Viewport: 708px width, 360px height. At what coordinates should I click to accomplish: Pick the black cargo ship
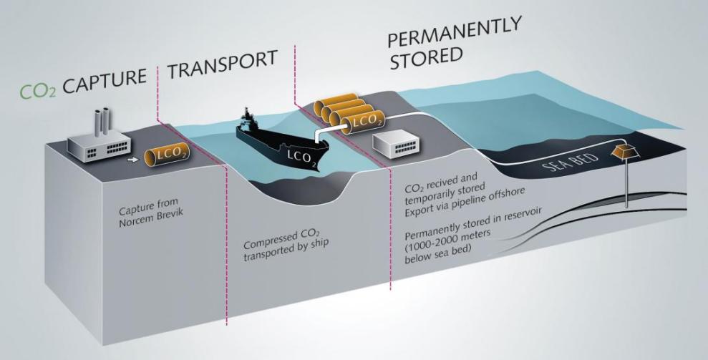pos(283,142)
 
